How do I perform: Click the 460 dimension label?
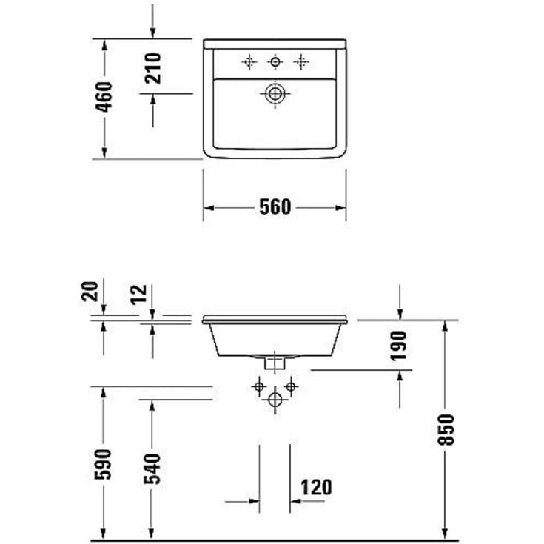104,97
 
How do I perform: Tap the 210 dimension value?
153,68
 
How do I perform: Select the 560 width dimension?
275,207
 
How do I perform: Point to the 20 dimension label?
90,291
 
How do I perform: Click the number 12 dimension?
139,295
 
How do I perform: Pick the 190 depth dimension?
398,346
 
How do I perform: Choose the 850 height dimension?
446,429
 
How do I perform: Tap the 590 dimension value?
103,464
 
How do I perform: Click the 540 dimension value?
152,469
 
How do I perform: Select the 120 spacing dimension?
316,487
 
